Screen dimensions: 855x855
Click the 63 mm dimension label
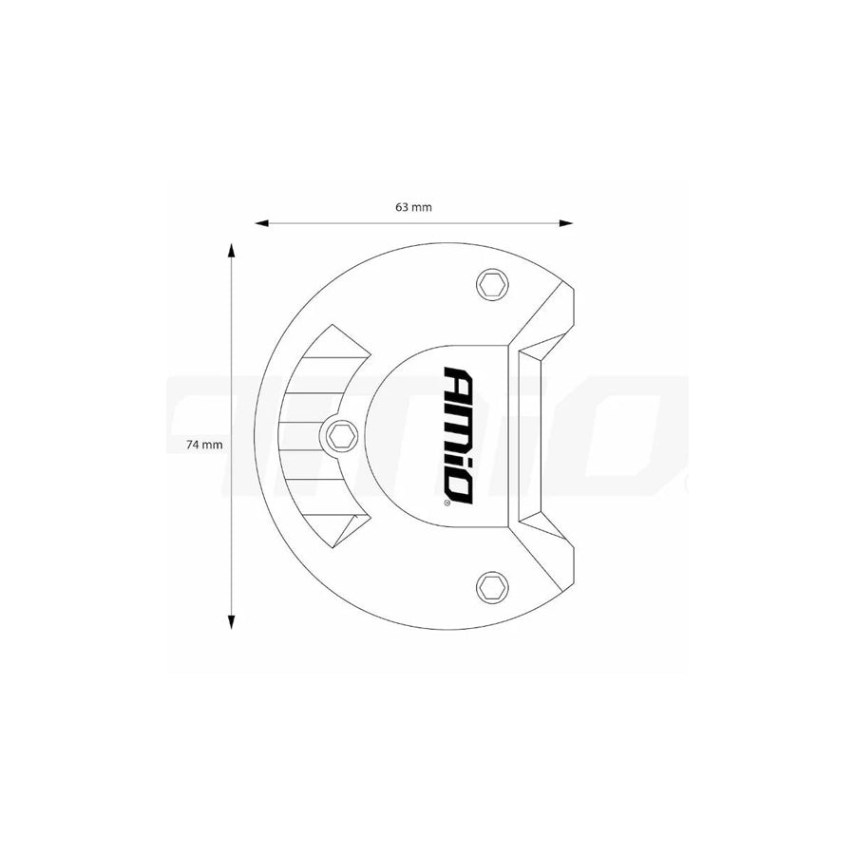413,207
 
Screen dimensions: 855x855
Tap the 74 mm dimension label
205,444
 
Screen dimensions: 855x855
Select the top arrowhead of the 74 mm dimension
231,250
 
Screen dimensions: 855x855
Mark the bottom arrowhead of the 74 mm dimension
231,621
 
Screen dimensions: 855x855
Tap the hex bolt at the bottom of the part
491,586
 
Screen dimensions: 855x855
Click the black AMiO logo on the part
458,434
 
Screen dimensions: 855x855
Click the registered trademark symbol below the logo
447,504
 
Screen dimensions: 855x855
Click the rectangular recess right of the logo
528,436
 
